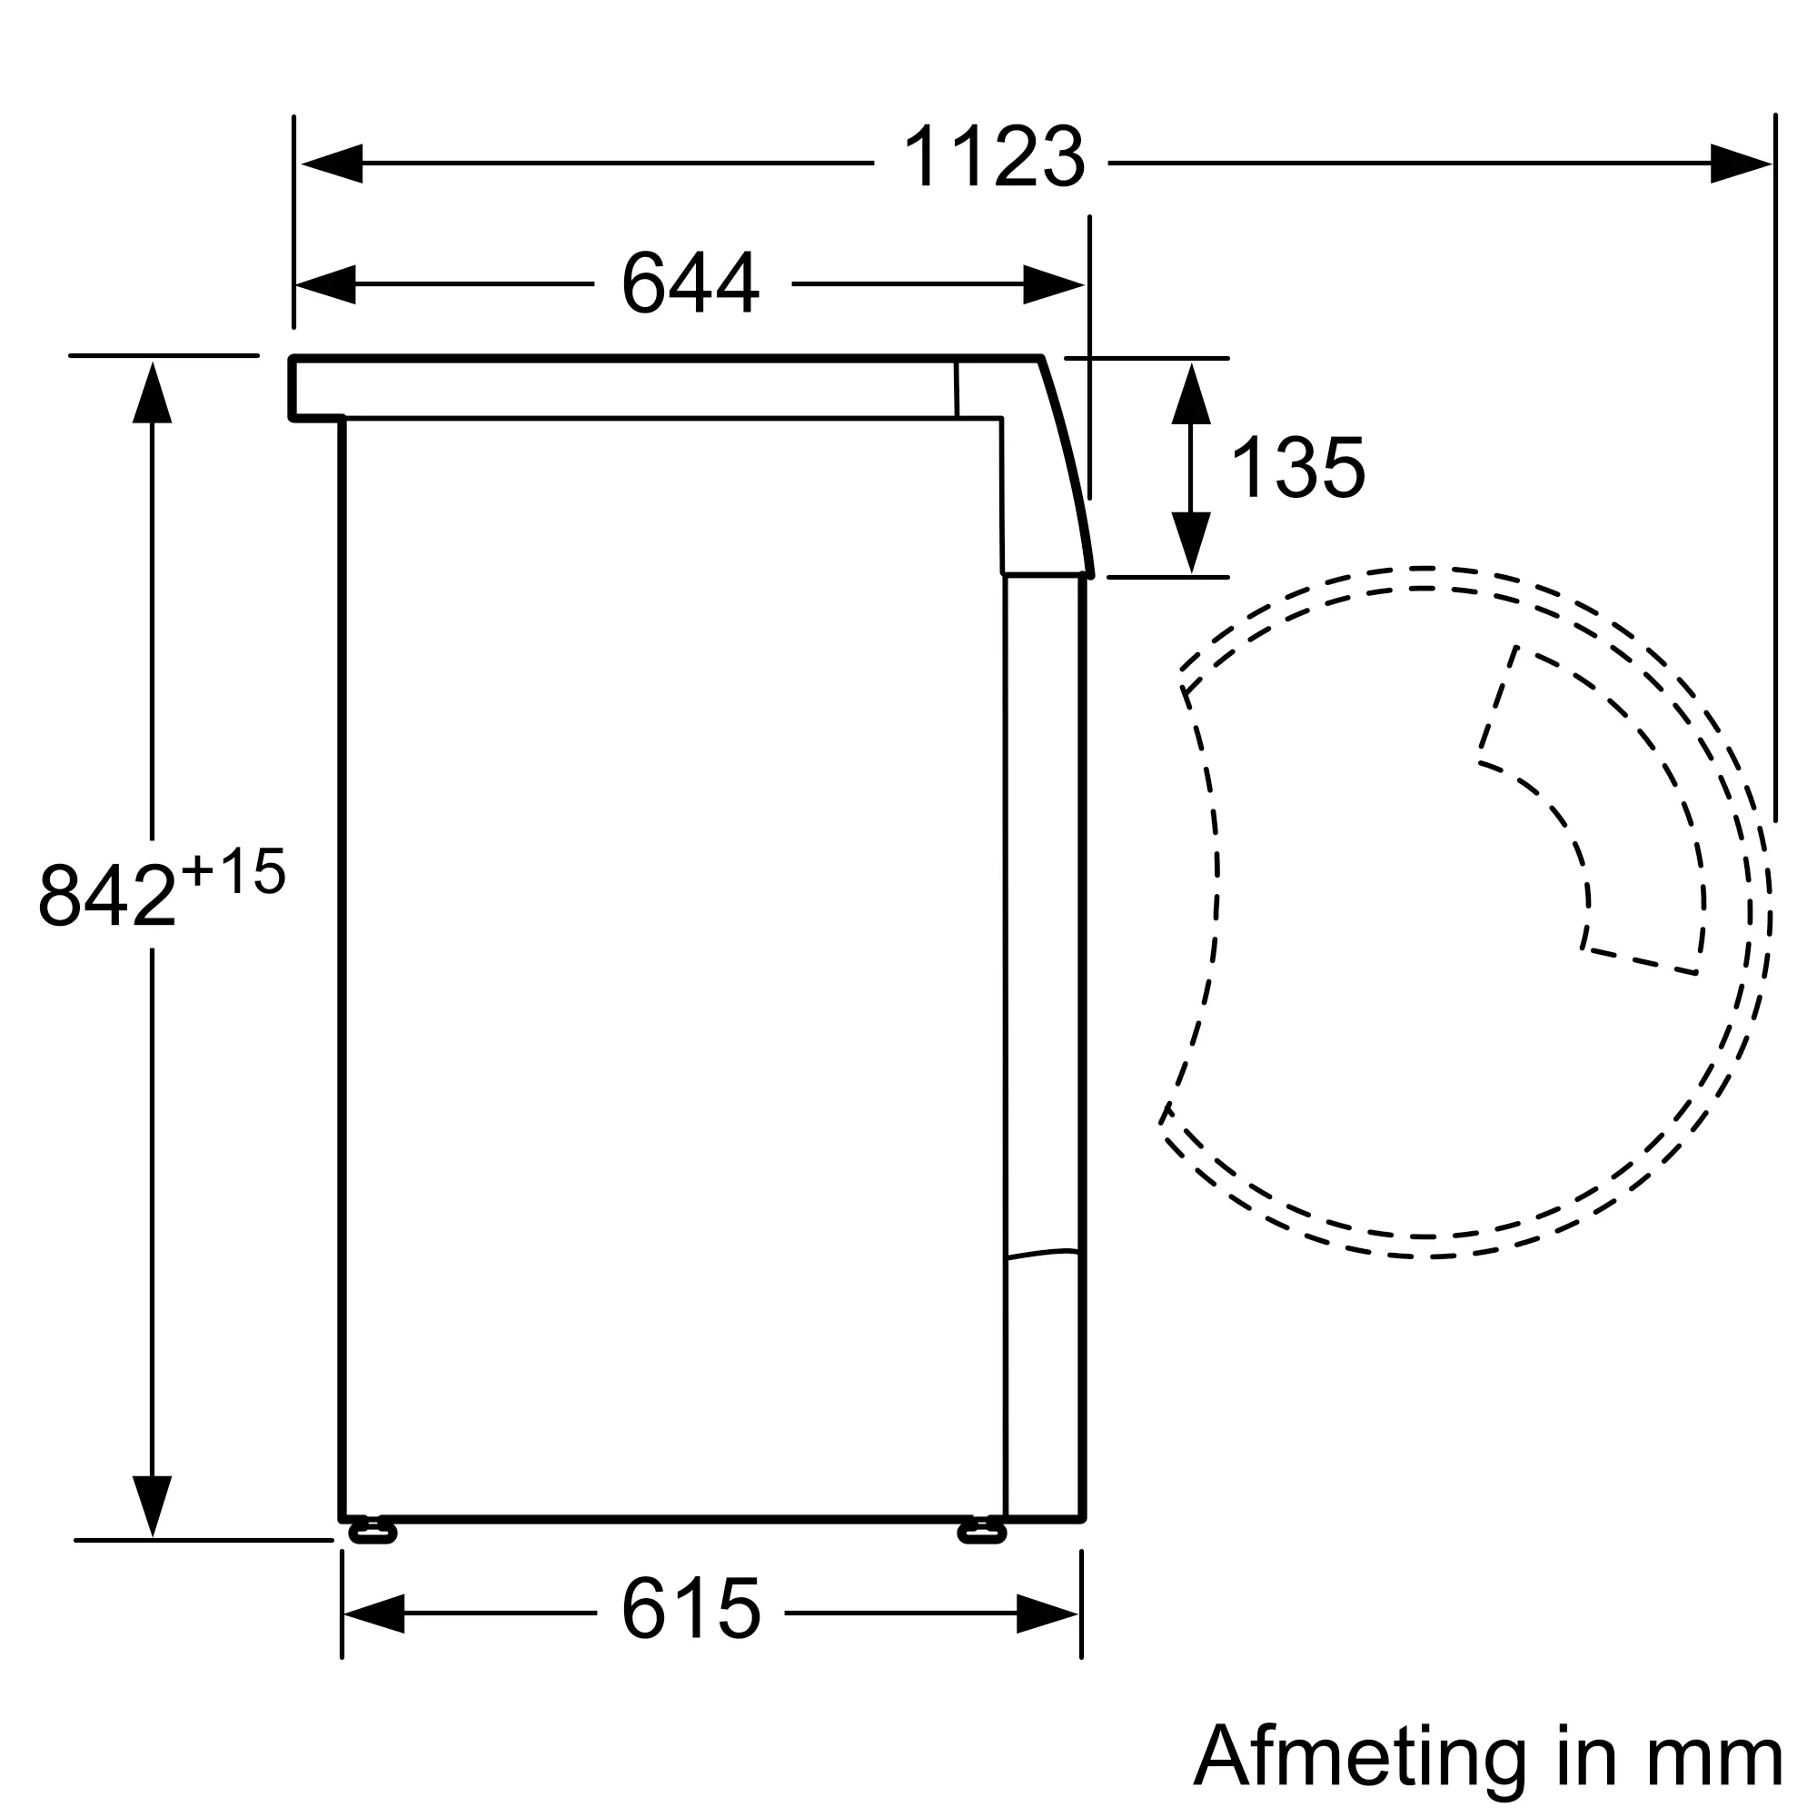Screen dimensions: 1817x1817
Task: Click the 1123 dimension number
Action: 993,157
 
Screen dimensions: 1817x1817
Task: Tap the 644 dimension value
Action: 690,283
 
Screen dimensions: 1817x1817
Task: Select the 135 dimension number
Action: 1297,467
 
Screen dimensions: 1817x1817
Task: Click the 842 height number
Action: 107,894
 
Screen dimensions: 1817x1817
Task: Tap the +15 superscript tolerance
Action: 233,871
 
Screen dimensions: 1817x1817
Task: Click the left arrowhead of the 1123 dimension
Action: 332,164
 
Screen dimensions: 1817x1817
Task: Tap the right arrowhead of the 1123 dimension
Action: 1741,164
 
